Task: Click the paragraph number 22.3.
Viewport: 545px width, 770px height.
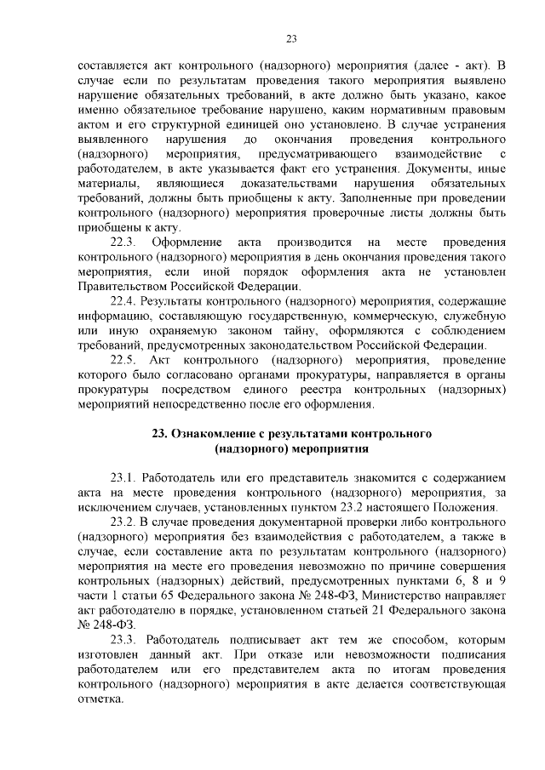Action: tap(125, 242)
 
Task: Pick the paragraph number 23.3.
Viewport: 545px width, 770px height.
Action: tap(125, 638)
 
